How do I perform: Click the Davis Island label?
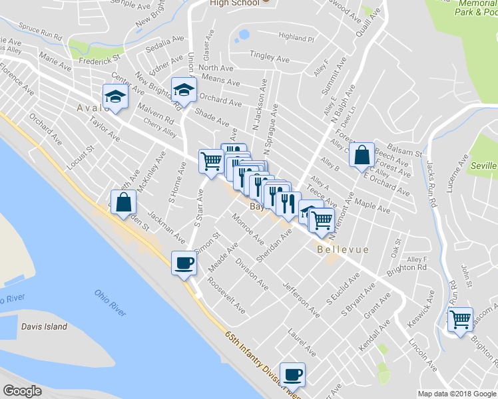45,327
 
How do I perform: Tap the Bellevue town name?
343,250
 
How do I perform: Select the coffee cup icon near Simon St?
184,263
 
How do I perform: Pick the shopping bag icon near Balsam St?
362,155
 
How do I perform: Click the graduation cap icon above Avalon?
115,97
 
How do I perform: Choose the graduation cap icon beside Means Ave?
184,89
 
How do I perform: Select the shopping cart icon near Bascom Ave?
460,319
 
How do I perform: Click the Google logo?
22,391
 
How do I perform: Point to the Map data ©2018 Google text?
456,394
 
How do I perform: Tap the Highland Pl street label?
296,37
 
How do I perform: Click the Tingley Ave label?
270,57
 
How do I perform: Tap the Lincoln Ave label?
423,356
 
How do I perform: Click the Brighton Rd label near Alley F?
407,267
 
